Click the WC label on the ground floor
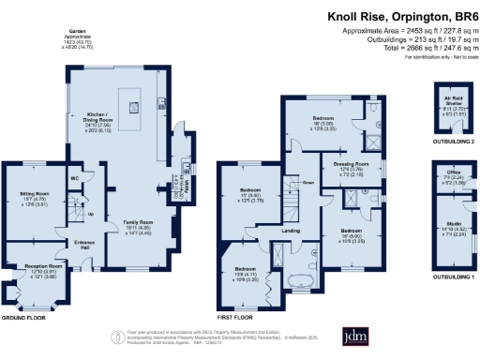pyautogui.click(x=73, y=177)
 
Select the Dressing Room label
pyautogui.click(x=351, y=167)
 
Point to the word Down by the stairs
pyautogui.click(x=307, y=182)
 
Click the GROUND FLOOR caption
pyautogui.click(x=22, y=318)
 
